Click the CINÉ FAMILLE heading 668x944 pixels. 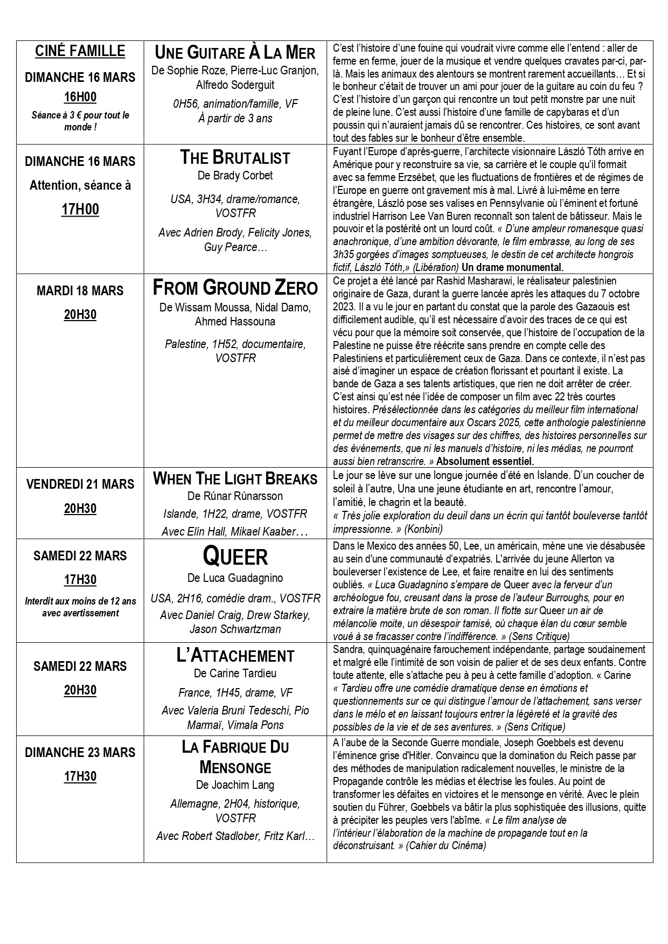pos(80,51)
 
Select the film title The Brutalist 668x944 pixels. pos(235,157)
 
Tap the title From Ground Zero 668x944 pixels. pos(235,288)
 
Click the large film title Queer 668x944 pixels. pos(235,557)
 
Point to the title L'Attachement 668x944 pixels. pos(235,656)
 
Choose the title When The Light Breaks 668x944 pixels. pos(235,478)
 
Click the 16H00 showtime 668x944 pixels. pos(80,97)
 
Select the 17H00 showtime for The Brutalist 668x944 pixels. pos(80,209)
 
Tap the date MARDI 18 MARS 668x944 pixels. pos(80,291)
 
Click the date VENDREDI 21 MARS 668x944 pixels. pos(80,484)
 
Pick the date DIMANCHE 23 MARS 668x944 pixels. pos(80,753)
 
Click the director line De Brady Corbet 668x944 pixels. pos(235,176)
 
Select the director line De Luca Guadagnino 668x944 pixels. pos(235,578)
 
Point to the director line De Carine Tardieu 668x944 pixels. pos(235,674)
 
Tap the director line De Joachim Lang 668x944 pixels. pos(235,785)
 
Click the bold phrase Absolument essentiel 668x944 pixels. pos(485,461)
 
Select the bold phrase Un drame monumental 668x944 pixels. pos(512,267)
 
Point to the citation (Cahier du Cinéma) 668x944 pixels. pos(446,846)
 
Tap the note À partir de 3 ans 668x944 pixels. pos(235,118)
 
